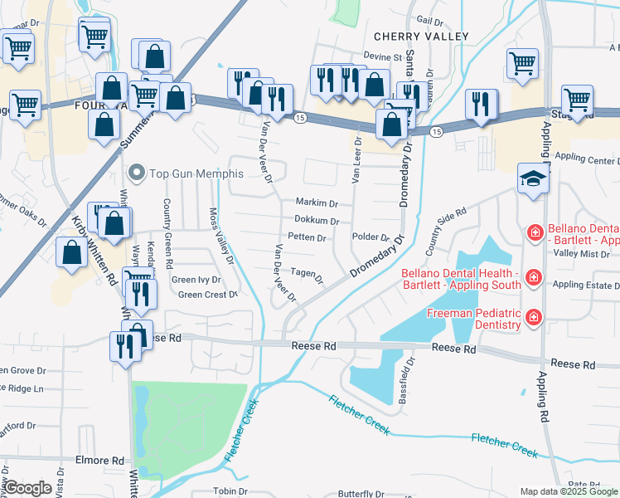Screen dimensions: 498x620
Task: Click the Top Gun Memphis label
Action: coord(196,173)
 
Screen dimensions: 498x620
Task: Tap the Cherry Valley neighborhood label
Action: coord(421,37)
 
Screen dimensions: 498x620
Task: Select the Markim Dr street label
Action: coord(317,203)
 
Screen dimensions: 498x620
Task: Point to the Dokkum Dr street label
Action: coord(317,221)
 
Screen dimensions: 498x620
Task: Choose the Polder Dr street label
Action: coord(371,237)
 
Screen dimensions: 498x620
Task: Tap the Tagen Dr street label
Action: coord(307,273)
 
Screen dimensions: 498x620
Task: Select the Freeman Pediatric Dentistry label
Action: coord(473,319)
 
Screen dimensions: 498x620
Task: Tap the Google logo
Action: coord(28,488)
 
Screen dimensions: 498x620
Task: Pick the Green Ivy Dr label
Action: coord(196,280)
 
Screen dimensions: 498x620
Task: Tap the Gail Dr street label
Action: coord(425,20)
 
